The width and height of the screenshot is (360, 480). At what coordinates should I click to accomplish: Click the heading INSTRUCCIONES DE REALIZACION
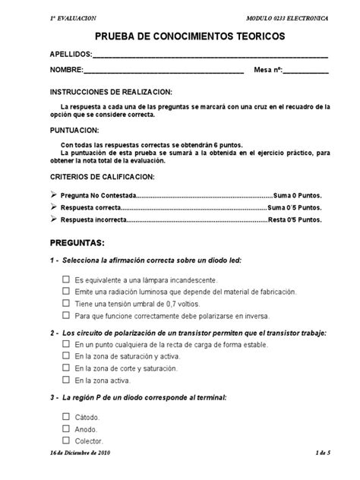pyautogui.click(x=111, y=91)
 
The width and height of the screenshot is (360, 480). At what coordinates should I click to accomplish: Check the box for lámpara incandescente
pyautogui.click(x=66, y=279)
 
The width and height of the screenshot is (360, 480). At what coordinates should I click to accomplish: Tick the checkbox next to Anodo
pyautogui.click(x=66, y=429)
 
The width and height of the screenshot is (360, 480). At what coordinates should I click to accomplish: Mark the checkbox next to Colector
pyautogui.click(x=66, y=441)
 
